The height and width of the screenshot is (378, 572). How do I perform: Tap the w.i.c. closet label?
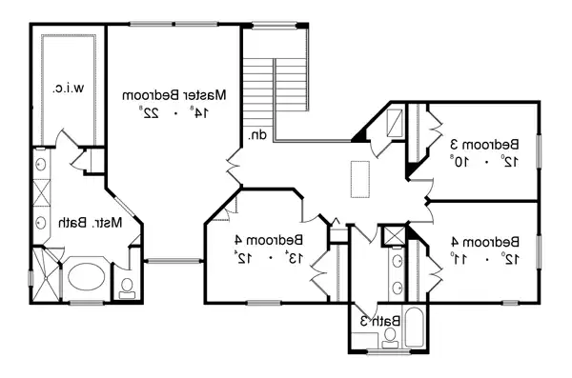[66, 90]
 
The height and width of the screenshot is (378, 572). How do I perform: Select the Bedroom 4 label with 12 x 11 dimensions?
[484, 240]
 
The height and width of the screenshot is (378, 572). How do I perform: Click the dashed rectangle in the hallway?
[360, 179]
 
